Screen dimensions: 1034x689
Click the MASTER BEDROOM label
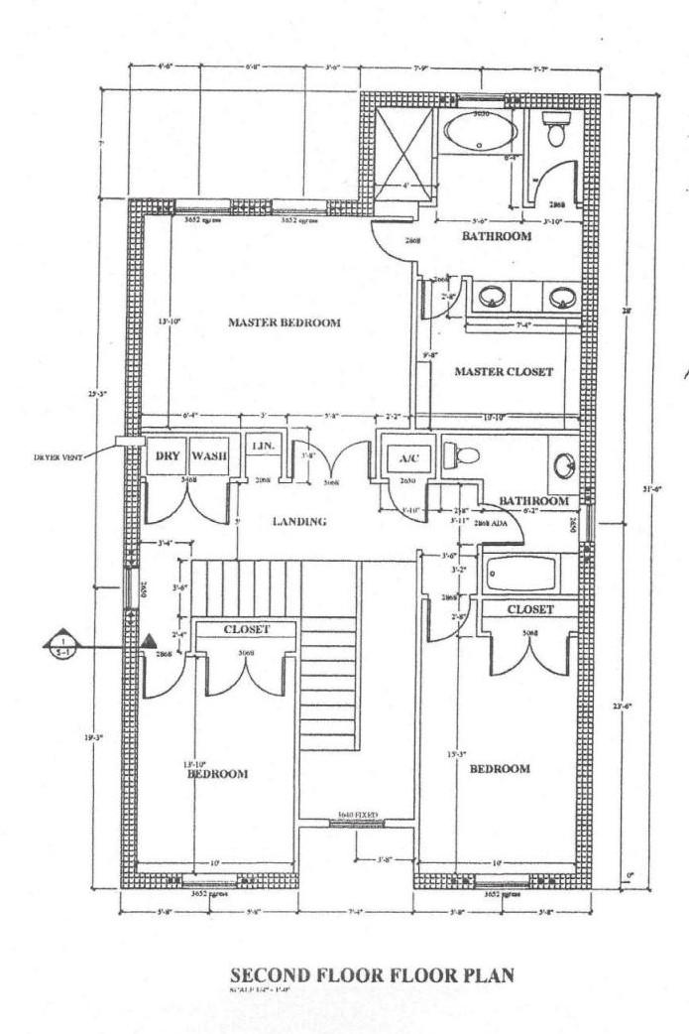pyautogui.click(x=285, y=323)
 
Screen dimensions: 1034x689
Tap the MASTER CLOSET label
pyautogui.click(x=503, y=372)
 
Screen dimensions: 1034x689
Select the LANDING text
pyautogui.click(x=298, y=520)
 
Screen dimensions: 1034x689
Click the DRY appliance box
pyautogui.click(x=165, y=456)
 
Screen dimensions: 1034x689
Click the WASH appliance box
pyautogui.click(x=209, y=456)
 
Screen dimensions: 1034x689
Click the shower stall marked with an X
pyautogui.click(x=400, y=148)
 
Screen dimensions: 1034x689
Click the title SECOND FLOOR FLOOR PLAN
pyautogui.click(x=372, y=974)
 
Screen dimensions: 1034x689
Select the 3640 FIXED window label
pyautogui.click(x=358, y=814)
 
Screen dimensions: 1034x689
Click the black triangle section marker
pyautogui.click(x=148, y=643)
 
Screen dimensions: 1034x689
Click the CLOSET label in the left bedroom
pyautogui.click(x=246, y=629)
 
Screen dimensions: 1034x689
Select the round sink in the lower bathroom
pyautogui.click(x=562, y=465)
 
